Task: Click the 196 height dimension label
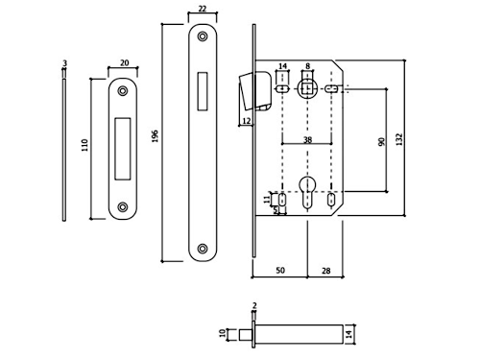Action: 156,136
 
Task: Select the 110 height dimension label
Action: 84,145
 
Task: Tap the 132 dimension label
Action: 399,139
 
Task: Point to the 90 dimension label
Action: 381,142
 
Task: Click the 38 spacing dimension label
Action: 307,140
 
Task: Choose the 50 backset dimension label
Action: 280,271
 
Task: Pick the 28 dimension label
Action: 325,271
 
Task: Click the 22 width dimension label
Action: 203,9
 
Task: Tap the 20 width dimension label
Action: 124,62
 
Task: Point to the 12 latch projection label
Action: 247,121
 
